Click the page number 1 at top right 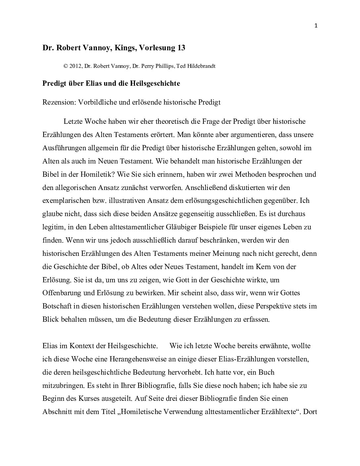click(x=316, y=26)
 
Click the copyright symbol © click(x=66, y=66)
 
